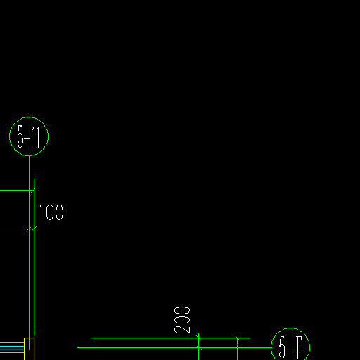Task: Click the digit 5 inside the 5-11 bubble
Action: pyautogui.click(x=20, y=137)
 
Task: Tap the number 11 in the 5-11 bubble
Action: pyautogui.click(x=36, y=137)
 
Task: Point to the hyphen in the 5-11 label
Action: pyautogui.click(x=27, y=138)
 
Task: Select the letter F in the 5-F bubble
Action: pyautogui.click(x=299, y=348)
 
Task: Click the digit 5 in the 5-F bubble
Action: pyautogui.click(x=283, y=348)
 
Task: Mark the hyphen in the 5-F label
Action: pyautogui.click(x=290, y=349)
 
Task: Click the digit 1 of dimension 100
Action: pyautogui.click(x=41, y=212)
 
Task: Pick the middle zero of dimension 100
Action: pyautogui.click(x=49, y=212)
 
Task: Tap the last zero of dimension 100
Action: pyautogui.click(x=60, y=212)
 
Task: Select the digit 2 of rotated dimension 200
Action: pyautogui.click(x=182, y=328)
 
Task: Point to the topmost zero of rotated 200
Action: pyautogui.click(x=182, y=310)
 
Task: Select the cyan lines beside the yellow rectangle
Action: pyautogui.click(x=12, y=347)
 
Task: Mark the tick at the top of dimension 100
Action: pyautogui.click(x=33, y=190)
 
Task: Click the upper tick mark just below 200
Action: pyautogui.click(x=199, y=337)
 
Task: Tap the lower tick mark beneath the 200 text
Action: pyautogui.click(x=199, y=347)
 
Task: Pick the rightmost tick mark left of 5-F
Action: pyautogui.click(x=238, y=338)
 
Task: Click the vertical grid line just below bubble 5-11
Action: pyautogui.click(x=29, y=252)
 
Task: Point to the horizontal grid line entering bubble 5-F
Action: pyautogui.click(x=174, y=347)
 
